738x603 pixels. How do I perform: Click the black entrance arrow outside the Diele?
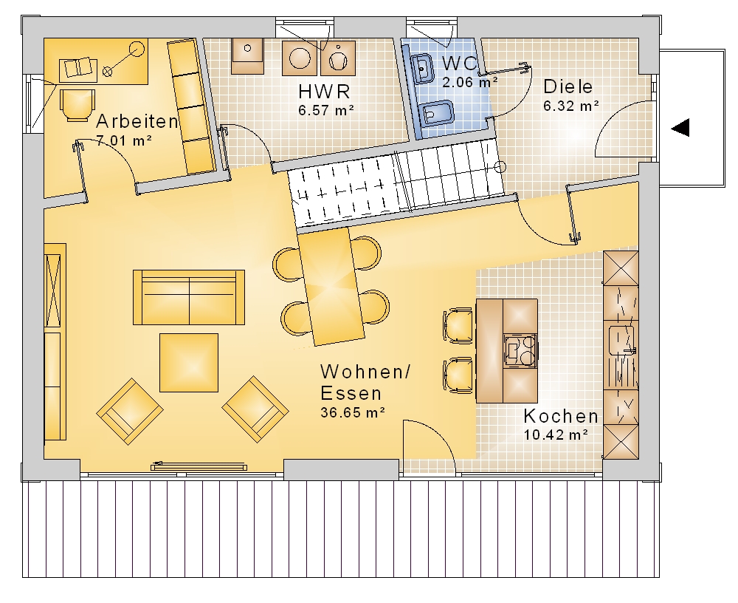tap(680, 127)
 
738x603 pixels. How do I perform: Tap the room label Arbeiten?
tap(137, 122)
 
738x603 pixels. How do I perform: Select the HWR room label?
tap(324, 92)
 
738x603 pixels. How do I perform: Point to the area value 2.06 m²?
tap(469, 82)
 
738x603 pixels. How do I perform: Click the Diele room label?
tap(568, 86)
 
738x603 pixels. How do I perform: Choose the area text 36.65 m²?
tap(353, 412)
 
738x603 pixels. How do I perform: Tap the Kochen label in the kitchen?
tap(561, 416)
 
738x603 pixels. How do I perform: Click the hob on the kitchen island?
tap(520, 350)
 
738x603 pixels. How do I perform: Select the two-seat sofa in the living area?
tap(189, 298)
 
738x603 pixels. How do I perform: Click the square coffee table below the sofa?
tap(189, 363)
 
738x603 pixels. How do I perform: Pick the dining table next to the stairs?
tap(331, 287)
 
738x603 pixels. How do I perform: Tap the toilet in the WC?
tap(435, 114)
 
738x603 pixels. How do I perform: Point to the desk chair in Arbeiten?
tap(77, 105)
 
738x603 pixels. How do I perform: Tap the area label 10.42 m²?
tap(556, 435)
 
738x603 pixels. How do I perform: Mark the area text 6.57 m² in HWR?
tap(326, 110)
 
